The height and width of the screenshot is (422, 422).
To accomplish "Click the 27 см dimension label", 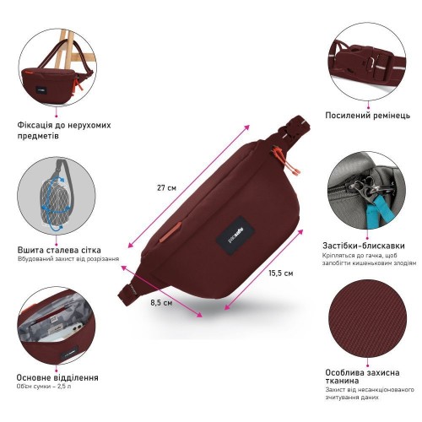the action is pyautogui.click(x=166, y=187).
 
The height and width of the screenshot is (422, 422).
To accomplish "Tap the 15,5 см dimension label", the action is pyautogui.click(x=281, y=273).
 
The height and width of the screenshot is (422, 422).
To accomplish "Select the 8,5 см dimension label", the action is pyautogui.click(x=161, y=303).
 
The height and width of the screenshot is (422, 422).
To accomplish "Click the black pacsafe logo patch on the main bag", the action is pyautogui.click(x=235, y=236).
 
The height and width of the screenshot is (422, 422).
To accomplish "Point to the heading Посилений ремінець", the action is pyautogui.click(x=368, y=116).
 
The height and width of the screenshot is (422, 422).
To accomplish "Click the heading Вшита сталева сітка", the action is pyautogui.click(x=59, y=250).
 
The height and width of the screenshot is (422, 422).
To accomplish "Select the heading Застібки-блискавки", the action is pyautogui.click(x=364, y=246).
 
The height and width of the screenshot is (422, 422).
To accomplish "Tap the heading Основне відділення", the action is pyautogui.click(x=57, y=377).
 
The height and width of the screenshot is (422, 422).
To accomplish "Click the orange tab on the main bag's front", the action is pyautogui.click(x=170, y=232).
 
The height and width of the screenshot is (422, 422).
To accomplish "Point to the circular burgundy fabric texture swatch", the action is pyautogui.click(x=367, y=318).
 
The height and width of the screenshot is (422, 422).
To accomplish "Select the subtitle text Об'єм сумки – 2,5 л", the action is pyautogui.click(x=44, y=387).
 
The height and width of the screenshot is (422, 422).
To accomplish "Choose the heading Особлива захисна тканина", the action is pyautogui.click(x=362, y=376).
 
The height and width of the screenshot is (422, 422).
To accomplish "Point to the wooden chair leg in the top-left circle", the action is pyautogui.click(x=62, y=48).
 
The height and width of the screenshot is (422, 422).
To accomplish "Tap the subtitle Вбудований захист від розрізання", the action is pyautogui.click(x=68, y=259).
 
